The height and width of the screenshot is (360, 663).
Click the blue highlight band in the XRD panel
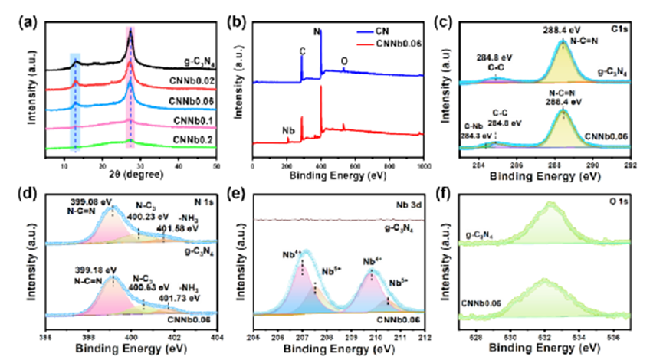[74, 107]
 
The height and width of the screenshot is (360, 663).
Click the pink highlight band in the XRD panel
[130, 107]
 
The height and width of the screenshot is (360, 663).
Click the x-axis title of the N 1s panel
[131, 348]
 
